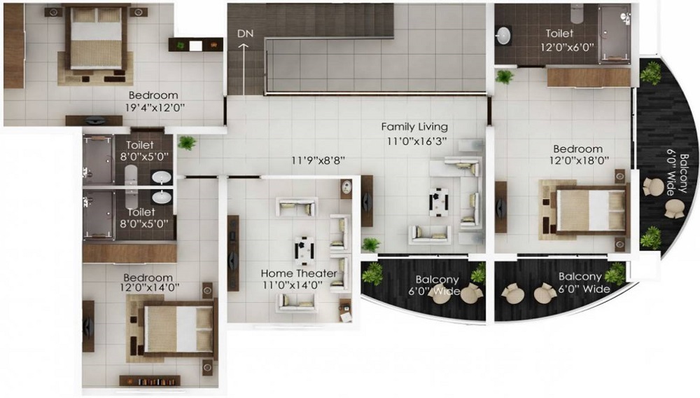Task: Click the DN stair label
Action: [246, 34]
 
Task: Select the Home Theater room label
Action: [299, 273]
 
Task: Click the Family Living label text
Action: [414, 127]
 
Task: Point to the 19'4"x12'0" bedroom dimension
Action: [155, 108]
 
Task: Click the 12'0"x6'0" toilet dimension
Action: [567, 46]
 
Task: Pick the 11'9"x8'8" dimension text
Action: [318, 160]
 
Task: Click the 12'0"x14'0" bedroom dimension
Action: [150, 288]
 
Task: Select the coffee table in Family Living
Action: [439, 202]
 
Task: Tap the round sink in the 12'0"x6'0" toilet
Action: [504, 36]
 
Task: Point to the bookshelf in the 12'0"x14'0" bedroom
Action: [150, 381]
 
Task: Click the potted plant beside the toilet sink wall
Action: [505, 77]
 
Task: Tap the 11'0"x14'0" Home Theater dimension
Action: [293, 286]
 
